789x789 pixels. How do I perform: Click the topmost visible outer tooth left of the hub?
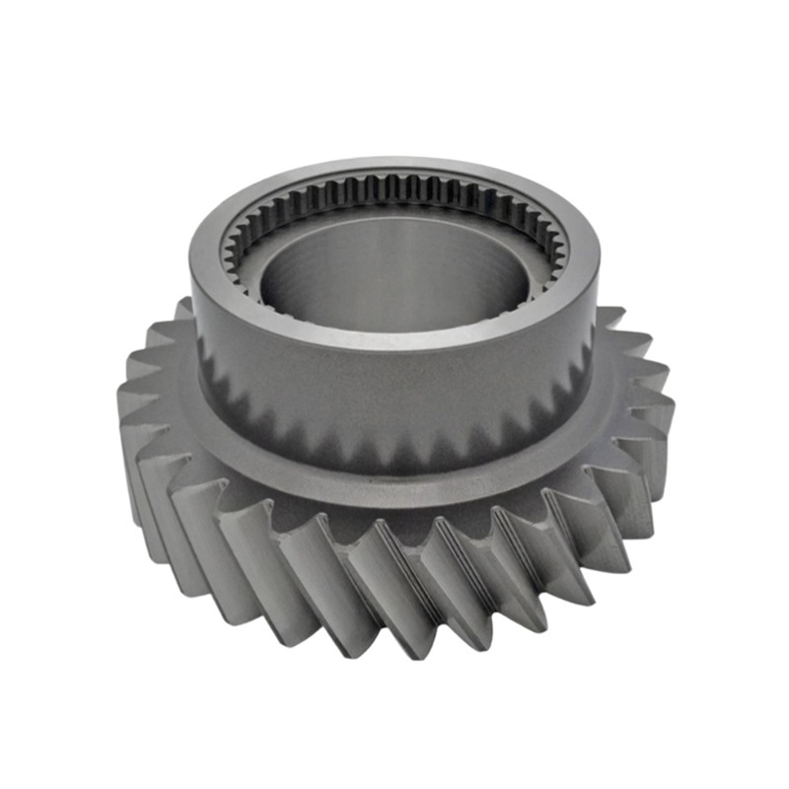(x=182, y=311)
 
